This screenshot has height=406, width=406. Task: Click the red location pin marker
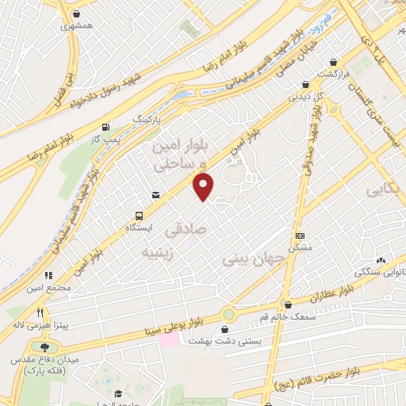tap(204, 186)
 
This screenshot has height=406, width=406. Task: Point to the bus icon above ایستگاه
tap(140, 215)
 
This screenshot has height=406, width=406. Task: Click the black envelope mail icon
tap(155, 194)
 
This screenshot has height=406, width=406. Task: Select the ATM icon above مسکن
tap(300, 236)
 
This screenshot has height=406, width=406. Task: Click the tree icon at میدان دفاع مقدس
tap(44, 347)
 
